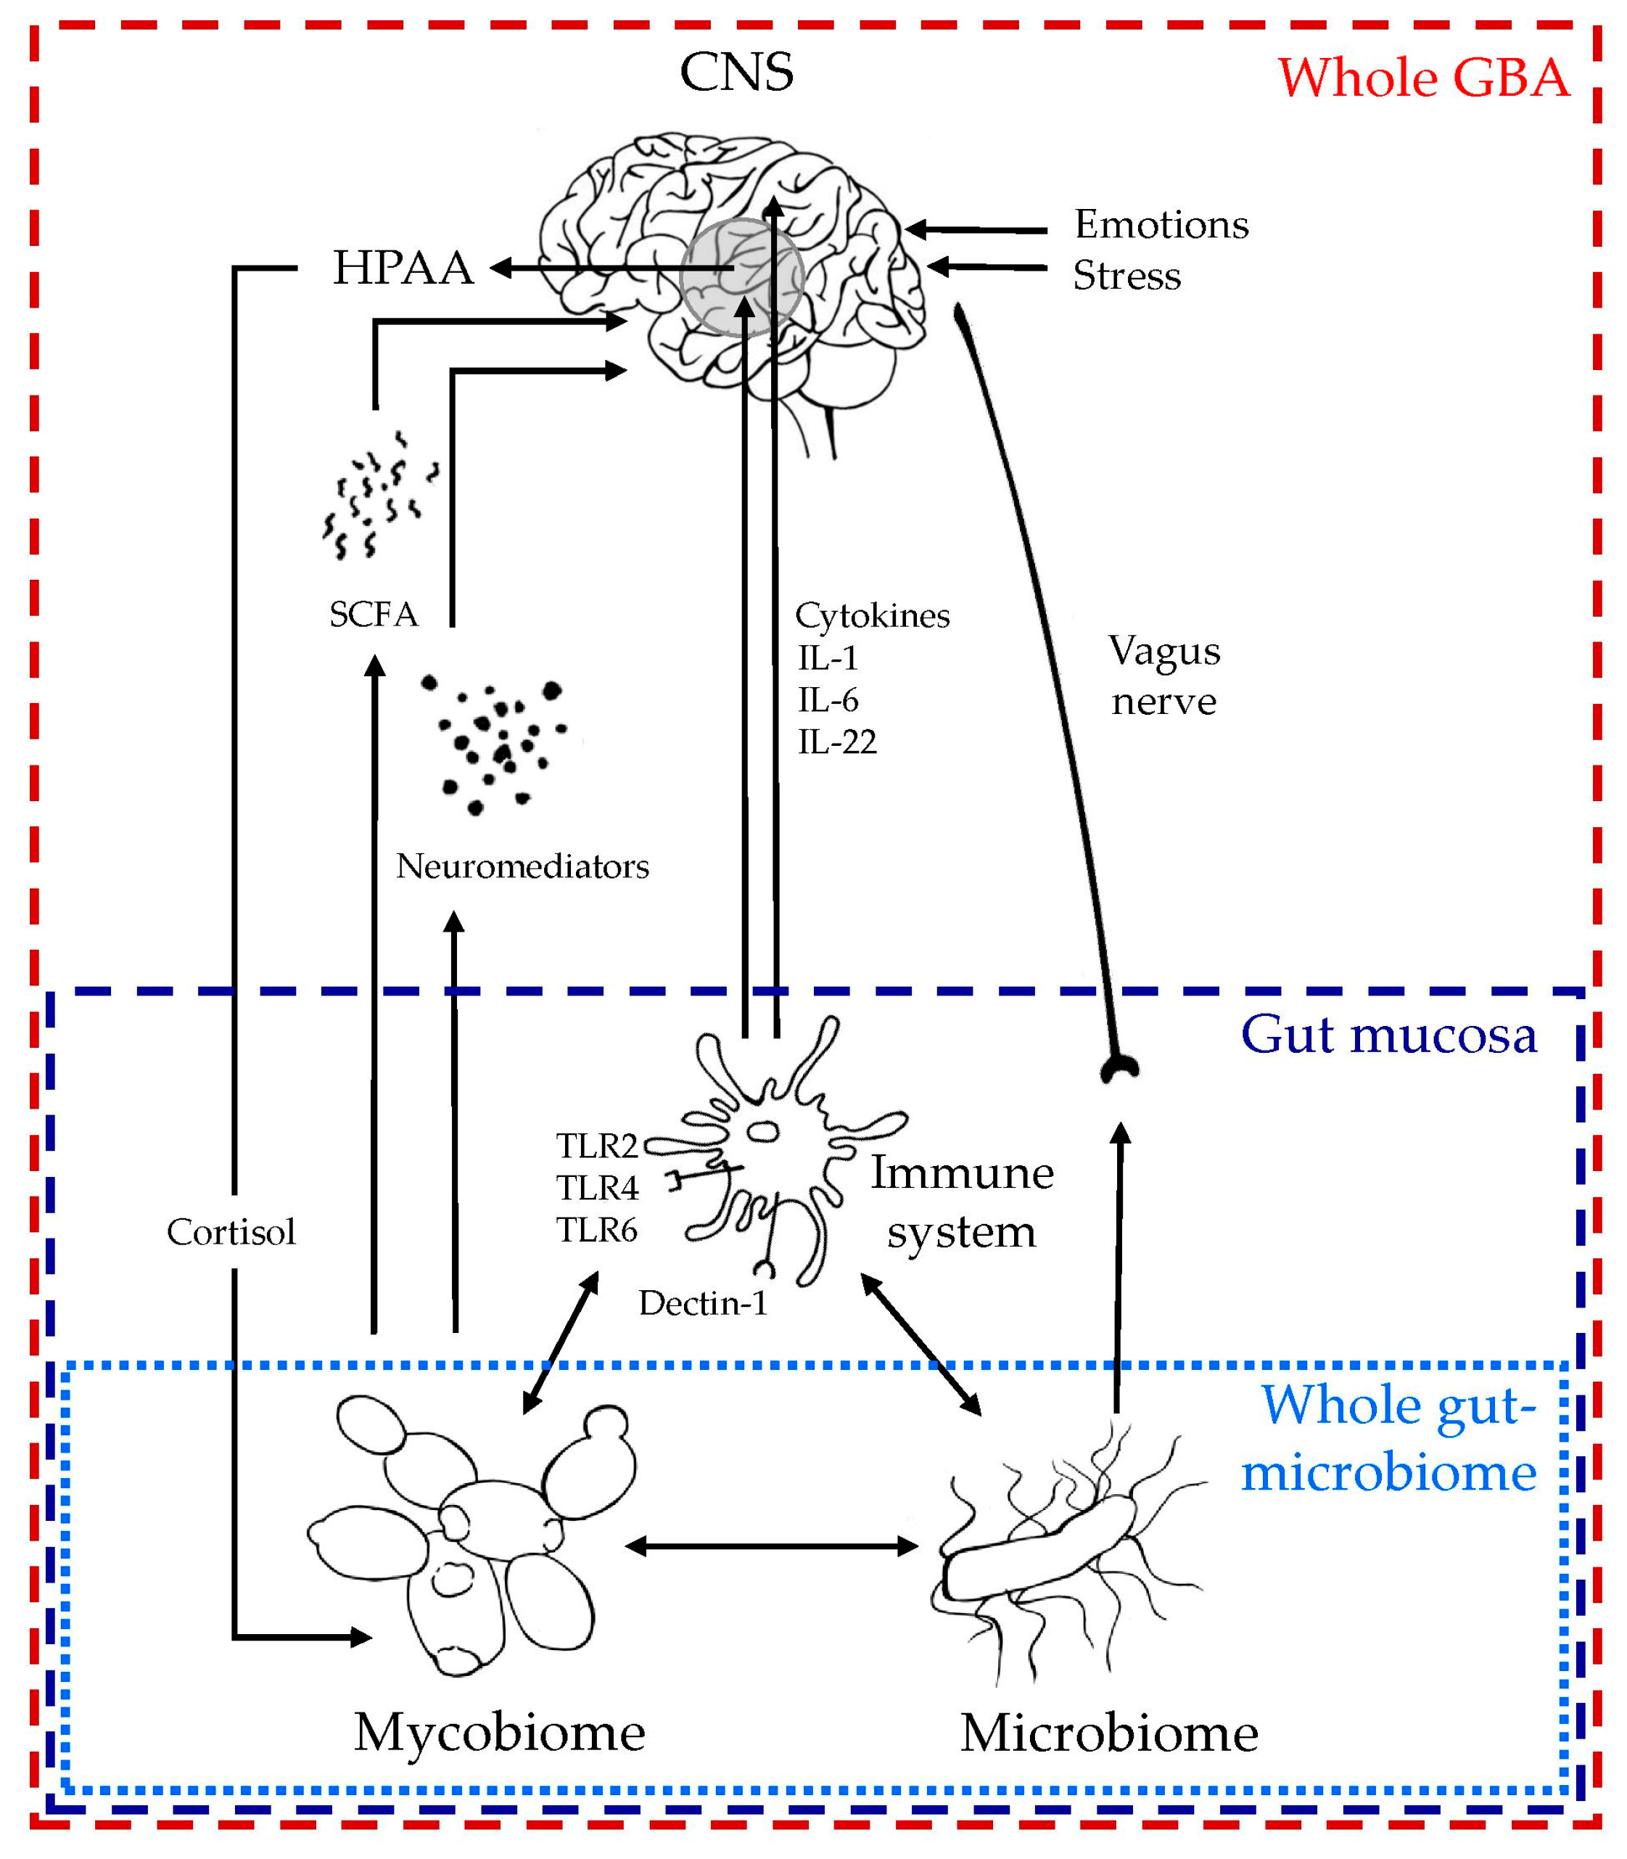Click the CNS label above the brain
tap(736, 73)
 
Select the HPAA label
tap(403, 268)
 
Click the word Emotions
tap(1161, 224)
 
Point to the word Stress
tap(1126, 275)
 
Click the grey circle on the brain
tap(743, 277)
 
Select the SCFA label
tap(373, 615)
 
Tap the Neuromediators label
tap(522, 866)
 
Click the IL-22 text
tap(836, 742)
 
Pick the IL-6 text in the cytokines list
tap(827, 700)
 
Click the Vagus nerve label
tap(1164, 676)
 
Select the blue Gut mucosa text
tap(1388, 1035)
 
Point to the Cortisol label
tap(231, 1232)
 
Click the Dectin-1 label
tap(703, 1304)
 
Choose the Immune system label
tap(962, 1202)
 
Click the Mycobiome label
tap(499, 1733)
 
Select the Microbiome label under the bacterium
tap(1110, 1733)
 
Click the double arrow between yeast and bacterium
tap(773, 1546)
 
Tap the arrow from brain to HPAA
tap(599, 268)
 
